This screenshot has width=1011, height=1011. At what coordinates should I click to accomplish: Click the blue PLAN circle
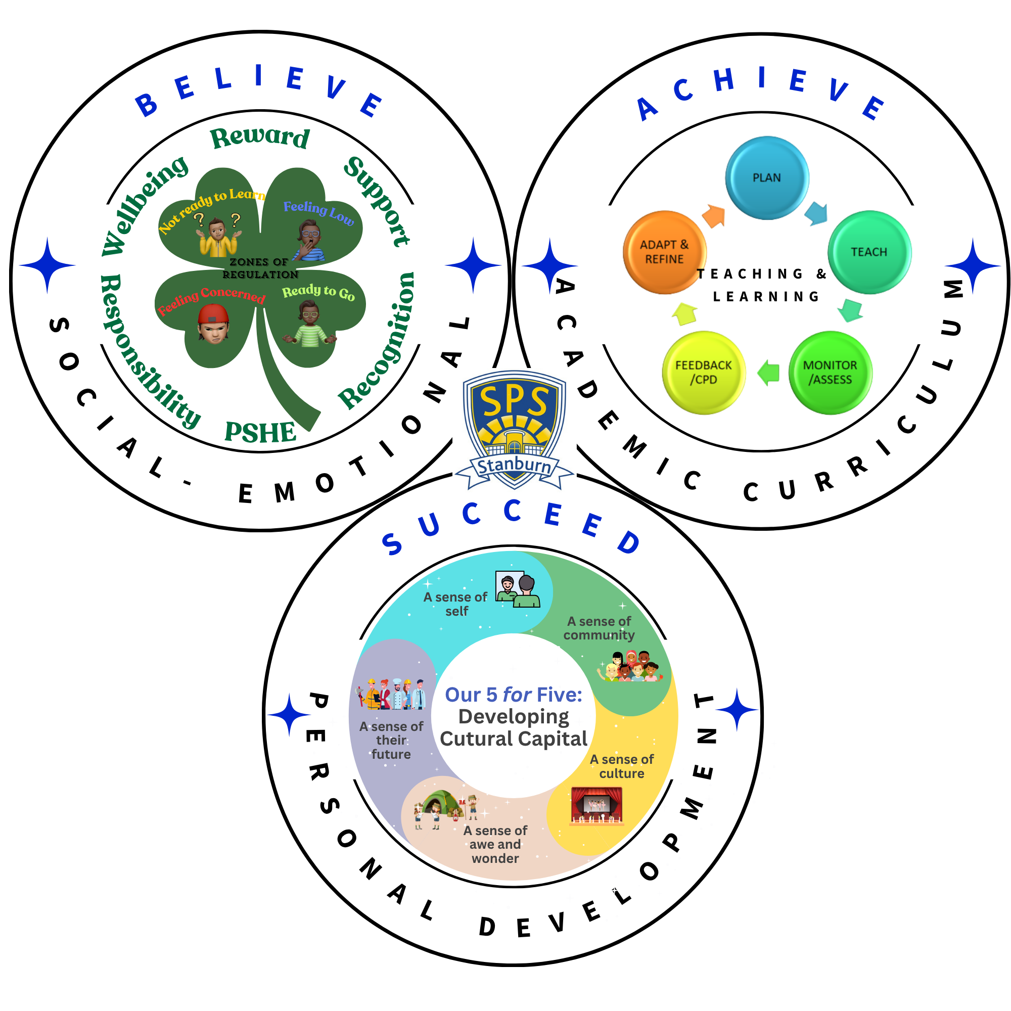click(767, 178)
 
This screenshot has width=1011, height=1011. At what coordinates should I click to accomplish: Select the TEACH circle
click(869, 252)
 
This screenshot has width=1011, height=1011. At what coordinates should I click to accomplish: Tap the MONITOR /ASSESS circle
click(830, 373)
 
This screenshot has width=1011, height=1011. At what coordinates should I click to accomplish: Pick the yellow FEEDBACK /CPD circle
click(703, 373)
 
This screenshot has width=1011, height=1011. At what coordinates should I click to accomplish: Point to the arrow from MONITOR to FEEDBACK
click(769, 373)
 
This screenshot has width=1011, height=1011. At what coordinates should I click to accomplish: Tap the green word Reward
click(259, 137)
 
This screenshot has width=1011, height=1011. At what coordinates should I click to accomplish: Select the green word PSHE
click(260, 433)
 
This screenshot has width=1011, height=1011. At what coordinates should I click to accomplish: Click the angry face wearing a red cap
click(213, 324)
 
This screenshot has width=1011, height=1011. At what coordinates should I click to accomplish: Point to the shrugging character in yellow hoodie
click(217, 238)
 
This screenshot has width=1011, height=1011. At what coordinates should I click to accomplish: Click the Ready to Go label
click(318, 293)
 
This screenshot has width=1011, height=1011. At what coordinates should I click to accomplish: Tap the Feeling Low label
click(318, 212)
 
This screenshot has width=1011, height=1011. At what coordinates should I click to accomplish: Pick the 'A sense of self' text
click(455, 604)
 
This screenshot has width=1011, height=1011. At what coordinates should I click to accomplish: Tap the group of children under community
click(630, 666)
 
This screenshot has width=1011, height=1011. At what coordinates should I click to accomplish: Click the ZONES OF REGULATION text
click(259, 268)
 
